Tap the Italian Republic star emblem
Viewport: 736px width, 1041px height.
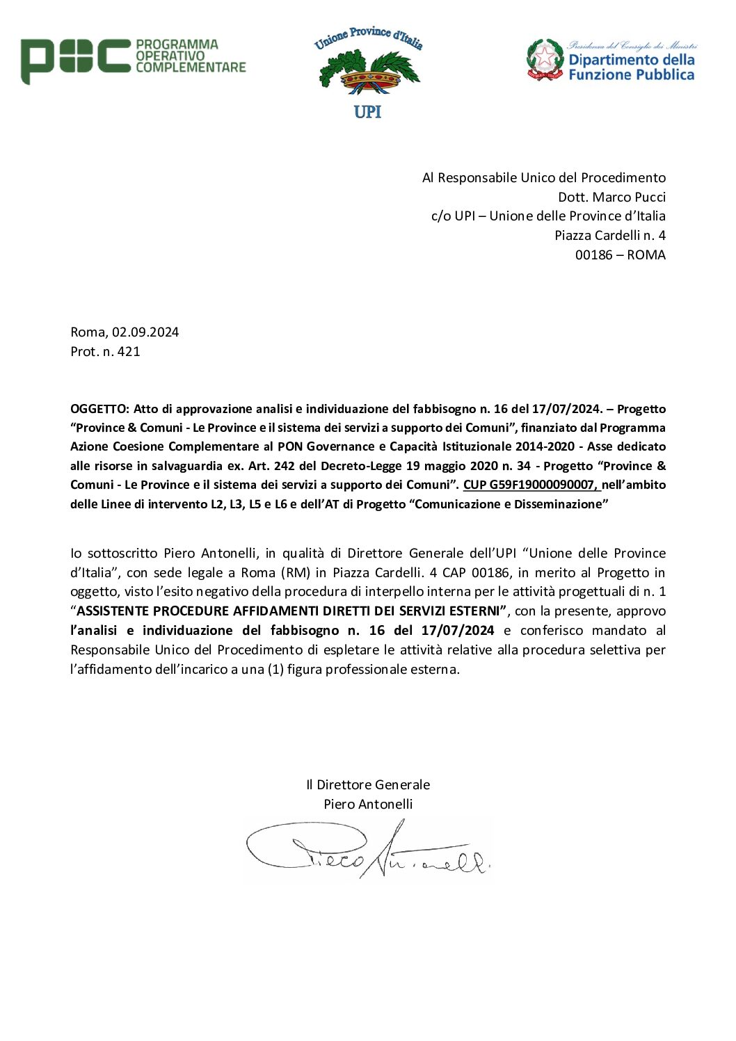545,59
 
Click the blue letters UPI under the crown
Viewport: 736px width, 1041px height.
367,112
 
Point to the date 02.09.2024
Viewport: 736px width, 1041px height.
145,332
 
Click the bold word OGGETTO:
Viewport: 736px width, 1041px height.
99,409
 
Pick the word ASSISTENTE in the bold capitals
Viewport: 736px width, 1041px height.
113,611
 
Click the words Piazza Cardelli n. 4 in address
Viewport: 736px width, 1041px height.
609,235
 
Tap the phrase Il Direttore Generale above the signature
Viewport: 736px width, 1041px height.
368,784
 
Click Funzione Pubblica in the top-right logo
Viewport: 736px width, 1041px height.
631,75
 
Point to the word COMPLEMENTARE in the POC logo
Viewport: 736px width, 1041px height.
191,67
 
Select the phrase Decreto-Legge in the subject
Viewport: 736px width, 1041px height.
361,466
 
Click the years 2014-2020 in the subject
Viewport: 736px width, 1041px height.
545,446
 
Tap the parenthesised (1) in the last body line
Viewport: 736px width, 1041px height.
275,670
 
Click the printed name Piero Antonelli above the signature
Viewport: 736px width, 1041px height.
368,804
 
